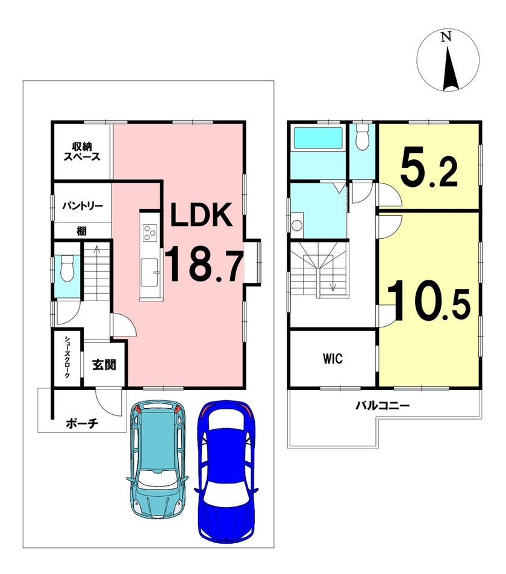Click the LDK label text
201,215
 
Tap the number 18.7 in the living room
204,263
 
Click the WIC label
333,359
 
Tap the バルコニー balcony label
383,406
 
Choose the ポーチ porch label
82,424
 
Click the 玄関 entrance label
104,365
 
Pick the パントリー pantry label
83,206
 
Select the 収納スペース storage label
82,153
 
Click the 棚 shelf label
81,231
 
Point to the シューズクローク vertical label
67,357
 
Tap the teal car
158,459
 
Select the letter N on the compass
446,37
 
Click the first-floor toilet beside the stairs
67,268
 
